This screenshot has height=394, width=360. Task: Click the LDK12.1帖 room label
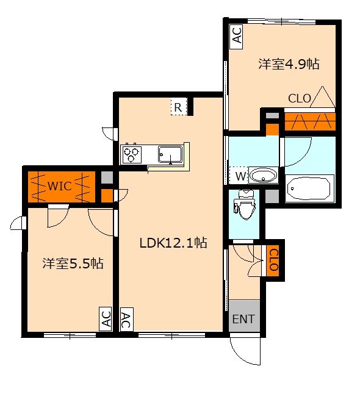pyautogui.click(x=173, y=243)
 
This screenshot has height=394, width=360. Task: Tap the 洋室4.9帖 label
pyautogui.click(x=289, y=64)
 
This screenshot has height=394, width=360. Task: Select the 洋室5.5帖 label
pyautogui.click(x=73, y=263)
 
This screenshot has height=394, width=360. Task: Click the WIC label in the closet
pyautogui.click(x=60, y=186)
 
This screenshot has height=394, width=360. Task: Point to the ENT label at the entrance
pyautogui.click(x=243, y=319)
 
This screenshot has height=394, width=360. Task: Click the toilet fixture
pyautogui.click(x=244, y=204)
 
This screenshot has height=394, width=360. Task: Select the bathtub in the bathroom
pyautogui.click(x=309, y=188)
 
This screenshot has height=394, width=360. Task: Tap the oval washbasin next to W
pyautogui.click(x=263, y=175)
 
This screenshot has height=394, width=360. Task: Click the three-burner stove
pyautogui.click(x=131, y=154)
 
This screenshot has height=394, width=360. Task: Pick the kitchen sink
pyautogui.click(x=170, y=154)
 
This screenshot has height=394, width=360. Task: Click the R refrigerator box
pyautogui.click(x=178, y=107)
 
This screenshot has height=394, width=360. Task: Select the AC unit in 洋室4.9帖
pyautogui.click(x=236, y=37)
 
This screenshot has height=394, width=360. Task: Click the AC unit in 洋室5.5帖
pyautogui.click(x=106, y=319)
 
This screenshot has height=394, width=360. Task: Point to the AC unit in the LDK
pyautogui.click(x=127, y=320)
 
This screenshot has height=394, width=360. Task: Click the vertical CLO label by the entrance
pyautogui.click(x=273, y=260)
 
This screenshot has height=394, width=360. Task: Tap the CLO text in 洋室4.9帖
pyautogui.click(x=300, y=98)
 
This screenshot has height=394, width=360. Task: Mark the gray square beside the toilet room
pyautogui.click(x=272, y=196)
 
